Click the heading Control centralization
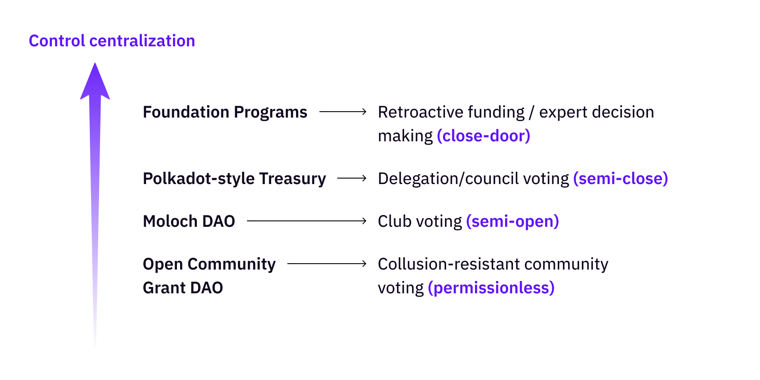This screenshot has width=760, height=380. tap(112, 41)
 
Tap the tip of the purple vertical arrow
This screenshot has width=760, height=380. tap(95, 63)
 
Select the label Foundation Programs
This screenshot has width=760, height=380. tap(225, 112)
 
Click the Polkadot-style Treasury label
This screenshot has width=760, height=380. tap(234, 179)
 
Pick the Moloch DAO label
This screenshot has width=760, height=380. tap(189, 221)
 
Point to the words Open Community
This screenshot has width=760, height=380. tap(209, 264)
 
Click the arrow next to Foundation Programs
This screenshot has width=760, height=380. tap(343, 112)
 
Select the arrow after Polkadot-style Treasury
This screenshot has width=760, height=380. tap(352, 179)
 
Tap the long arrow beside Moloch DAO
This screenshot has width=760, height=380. tap(307, 221)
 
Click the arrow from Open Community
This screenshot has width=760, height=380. tap(327, 264)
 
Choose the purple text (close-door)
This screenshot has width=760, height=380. tap(483, 136)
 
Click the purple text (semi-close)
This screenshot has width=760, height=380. tap(621, 179)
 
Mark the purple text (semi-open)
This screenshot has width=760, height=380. tap(513, 222)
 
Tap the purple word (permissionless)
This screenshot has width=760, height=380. tap(491, 288)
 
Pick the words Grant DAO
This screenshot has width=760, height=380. tap(183, 288)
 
